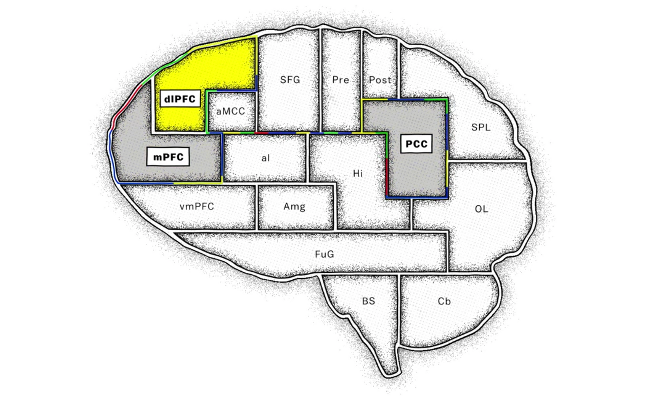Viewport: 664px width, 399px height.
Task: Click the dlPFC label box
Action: point(180,99)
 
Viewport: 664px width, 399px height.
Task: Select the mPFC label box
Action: point(168,157)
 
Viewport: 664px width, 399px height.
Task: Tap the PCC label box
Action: point(416,144)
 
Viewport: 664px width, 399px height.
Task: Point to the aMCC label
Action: point(231,111)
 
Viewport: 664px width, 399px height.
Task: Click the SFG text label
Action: point(290,80)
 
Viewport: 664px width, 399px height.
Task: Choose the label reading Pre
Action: point(341,80)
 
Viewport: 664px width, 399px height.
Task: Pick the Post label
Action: point(380,80)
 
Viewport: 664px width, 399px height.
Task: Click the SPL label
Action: point(481,127)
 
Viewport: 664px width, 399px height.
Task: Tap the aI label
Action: point(265,158)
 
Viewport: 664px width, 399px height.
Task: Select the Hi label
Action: point(358,173)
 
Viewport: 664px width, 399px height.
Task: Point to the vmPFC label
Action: point(197,207)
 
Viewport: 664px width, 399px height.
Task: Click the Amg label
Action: point(294,207)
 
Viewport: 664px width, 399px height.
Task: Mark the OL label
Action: point(481,209)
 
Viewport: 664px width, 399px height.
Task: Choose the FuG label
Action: point(324,254)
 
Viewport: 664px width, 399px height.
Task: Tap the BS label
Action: point(368,301)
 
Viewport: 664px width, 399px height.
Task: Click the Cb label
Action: point(444,301)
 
